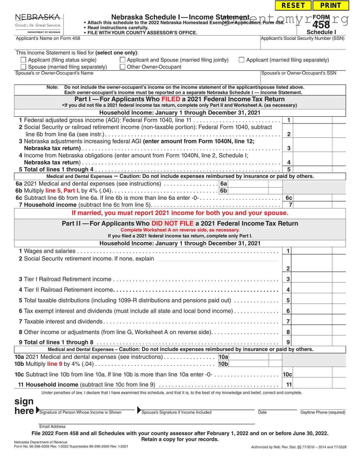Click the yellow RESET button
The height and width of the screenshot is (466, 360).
pos(293,6)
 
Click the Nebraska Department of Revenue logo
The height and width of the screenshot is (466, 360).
pos(38,24)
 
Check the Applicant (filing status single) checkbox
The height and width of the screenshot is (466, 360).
pos(24,60)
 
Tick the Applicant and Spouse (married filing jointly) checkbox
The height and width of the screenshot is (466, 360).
pos(122,60)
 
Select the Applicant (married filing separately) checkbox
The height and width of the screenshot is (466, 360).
pos(241,60)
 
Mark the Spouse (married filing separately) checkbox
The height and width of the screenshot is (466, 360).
pos(24,67)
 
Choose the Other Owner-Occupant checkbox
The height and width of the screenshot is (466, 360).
pos(122,67)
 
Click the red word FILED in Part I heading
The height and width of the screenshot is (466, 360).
pos(171,99)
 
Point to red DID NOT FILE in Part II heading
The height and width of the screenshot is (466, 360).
pos(172,224)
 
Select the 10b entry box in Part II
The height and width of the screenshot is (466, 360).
pos(248,364)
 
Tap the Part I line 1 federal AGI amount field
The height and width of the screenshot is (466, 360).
pos(312,120)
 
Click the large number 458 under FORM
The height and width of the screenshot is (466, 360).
pos(321,25)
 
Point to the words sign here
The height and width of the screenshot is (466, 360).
pos(24,406)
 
